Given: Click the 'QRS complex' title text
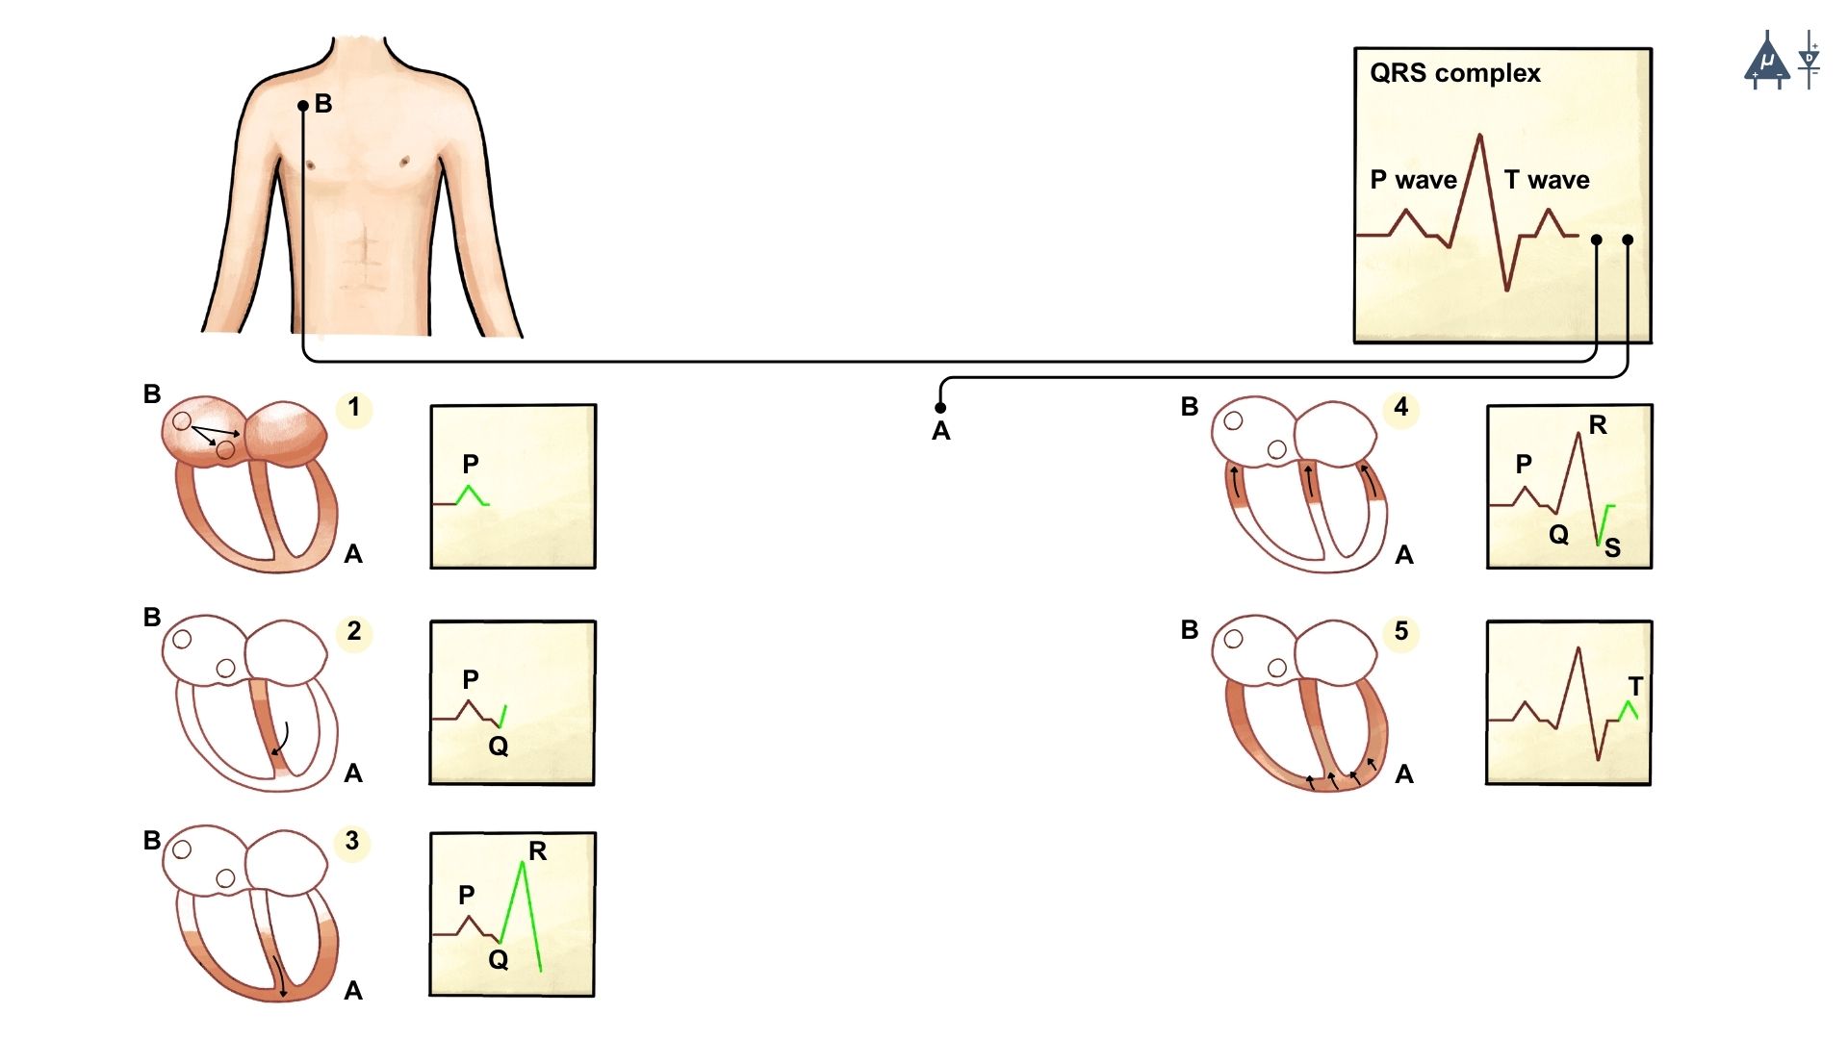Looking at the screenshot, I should [x=1454, y=73].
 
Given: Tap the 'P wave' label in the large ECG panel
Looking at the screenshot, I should [x=1412, y=180].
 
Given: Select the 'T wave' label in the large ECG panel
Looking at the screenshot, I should [x=1546, y=180].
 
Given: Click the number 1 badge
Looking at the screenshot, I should [x=354, y=408].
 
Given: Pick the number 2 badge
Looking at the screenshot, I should [x=354, y=631].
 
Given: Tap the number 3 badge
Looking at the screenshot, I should [x=352, y=841].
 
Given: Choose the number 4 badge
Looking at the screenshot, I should [x=1401, y=408].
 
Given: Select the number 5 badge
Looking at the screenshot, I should [x=1401, y=631].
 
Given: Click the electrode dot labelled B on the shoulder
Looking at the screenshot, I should [x=303, y=106].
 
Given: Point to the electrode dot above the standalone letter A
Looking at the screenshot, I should [x=940, y=408].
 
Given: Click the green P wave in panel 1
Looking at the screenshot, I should [x=470, y=494].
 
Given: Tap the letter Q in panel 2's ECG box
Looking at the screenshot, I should [x=498, y=746].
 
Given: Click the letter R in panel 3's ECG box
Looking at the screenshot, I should [x=537, y=850].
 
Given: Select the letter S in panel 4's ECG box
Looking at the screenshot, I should [x=1612, y=547].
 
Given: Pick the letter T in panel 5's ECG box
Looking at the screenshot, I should [x=1635, y=686].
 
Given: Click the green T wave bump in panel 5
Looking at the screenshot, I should [x=1628, y=710].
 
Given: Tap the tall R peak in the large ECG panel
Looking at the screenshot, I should [x=1479, y=138].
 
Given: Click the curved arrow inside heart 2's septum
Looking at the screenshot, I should [x=281, y=739].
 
